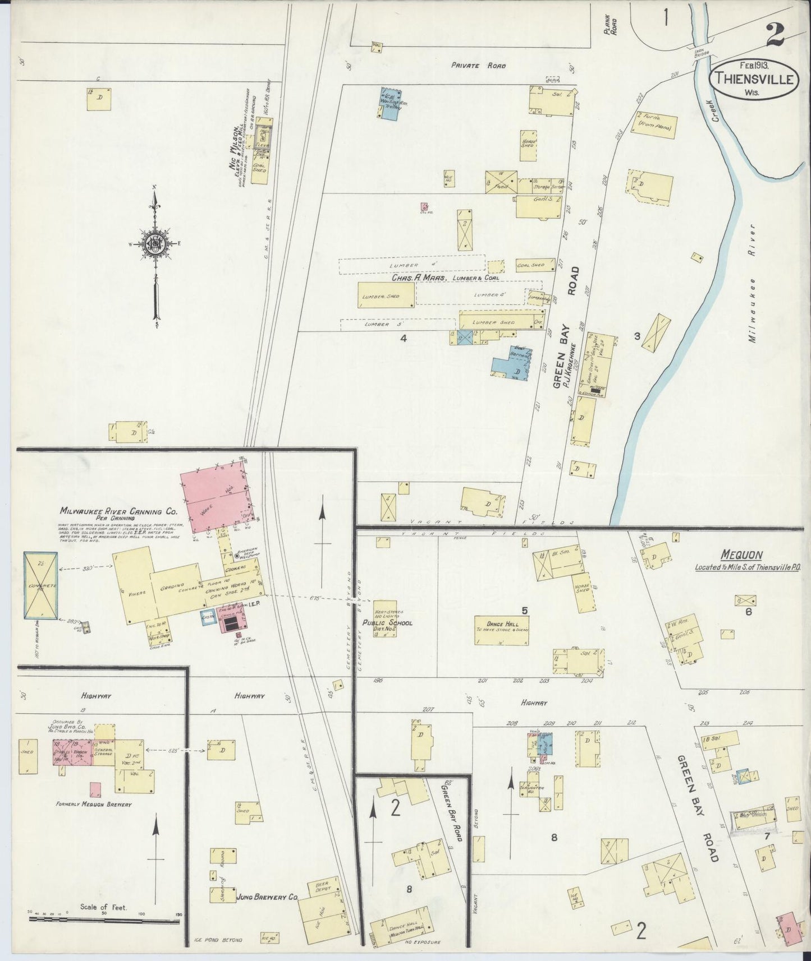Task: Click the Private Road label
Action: click(478, 66)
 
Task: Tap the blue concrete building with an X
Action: click(40, 585)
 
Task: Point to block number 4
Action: click(402, 338)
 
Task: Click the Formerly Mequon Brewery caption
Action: click(93, 804)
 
